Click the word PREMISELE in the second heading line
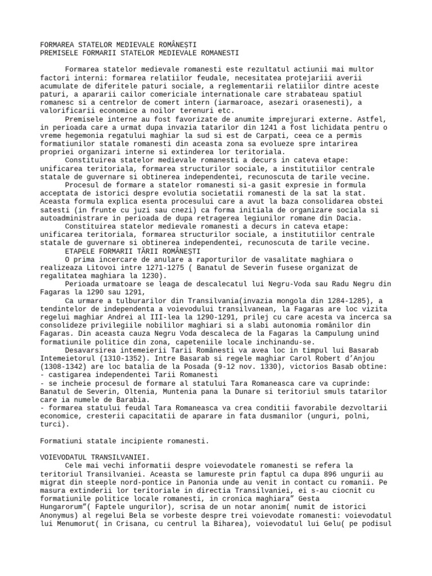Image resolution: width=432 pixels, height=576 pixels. coord(59,53)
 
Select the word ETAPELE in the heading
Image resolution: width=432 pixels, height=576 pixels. coord(81,251)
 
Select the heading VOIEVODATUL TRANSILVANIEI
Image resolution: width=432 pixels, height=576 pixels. coord(95,457)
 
